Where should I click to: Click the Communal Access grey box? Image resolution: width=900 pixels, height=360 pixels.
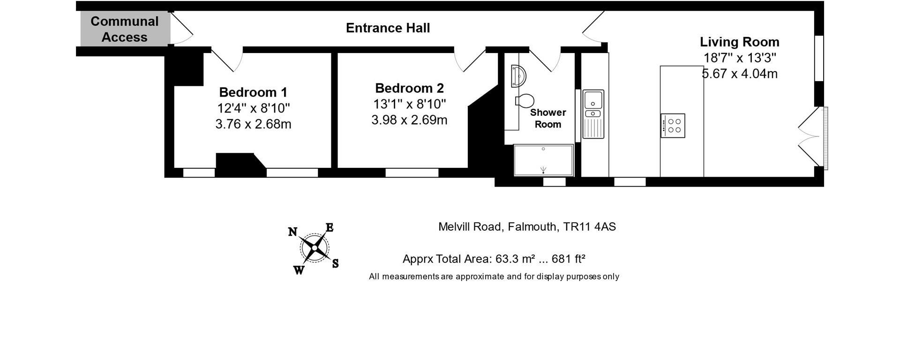[125, 29]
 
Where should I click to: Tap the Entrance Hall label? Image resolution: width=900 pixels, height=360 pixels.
[388, 28]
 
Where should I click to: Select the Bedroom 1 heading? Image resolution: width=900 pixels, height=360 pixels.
[253, 92]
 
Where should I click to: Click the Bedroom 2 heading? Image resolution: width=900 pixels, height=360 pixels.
[409, 88]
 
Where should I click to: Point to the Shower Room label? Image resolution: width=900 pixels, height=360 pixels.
[548, 118]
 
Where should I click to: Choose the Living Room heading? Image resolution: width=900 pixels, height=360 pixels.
[740, 42]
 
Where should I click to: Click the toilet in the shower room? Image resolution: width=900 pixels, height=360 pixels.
[525, 100]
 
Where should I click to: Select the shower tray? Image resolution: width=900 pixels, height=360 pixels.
[544, 160]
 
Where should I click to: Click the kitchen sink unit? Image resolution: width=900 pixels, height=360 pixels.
[593, 114]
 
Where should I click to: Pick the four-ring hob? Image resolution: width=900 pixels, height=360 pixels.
[673, 126]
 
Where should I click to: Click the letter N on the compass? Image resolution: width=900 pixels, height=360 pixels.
[292, 232]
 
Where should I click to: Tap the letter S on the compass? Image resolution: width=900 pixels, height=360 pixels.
[336, 263]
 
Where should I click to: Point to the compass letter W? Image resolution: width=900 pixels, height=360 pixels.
[299, 270]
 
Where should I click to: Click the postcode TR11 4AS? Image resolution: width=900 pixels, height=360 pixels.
[590, 227]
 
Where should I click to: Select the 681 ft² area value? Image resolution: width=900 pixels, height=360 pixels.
[569, 259]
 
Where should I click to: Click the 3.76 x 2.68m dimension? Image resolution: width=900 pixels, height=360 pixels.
[253, 124]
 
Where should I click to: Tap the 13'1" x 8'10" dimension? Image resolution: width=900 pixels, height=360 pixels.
[409, 104]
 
